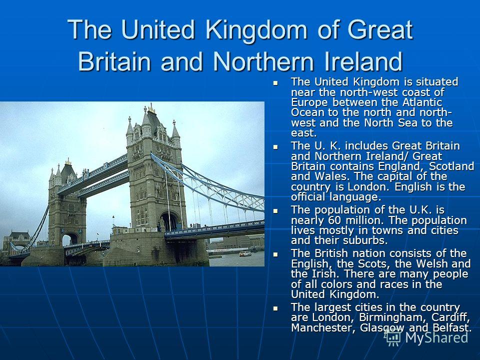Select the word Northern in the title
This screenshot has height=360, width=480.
click(263, 61)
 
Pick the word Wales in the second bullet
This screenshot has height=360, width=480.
click(328, 176)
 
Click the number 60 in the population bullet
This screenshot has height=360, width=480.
click(335, 220)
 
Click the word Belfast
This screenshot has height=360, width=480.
click(452, 328)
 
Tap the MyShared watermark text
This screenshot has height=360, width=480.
click(436, 337)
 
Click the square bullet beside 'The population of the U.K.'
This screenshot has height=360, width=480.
click(276, 211)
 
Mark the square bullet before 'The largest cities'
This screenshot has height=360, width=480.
click(276, 308)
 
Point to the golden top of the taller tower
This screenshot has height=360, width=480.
click(151, 108)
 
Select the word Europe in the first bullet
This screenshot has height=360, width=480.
click(309, 102)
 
